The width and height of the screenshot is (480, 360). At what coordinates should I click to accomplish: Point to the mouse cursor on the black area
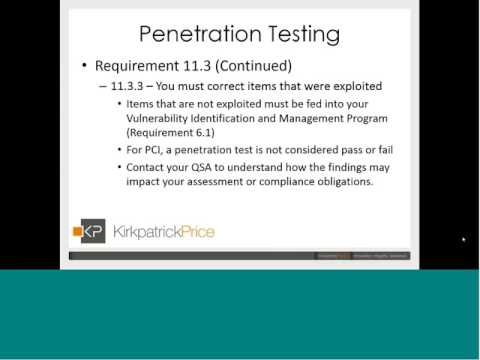tap(464, 240)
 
